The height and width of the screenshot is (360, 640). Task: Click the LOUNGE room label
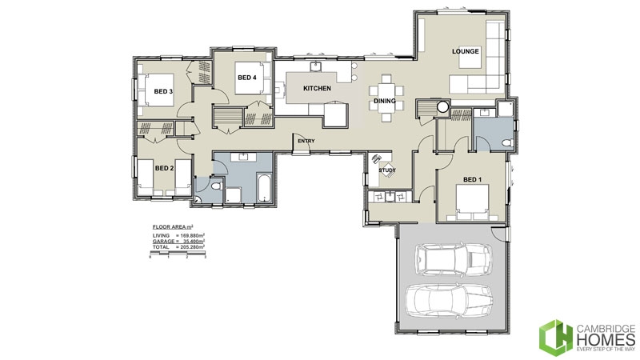coord(465,52)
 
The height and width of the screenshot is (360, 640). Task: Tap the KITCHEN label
coord(317,88)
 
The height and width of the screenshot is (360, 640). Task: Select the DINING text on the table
coord(386,101)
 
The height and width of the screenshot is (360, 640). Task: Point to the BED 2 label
coord(164,168)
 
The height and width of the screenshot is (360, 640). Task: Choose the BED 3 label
coord(163,92)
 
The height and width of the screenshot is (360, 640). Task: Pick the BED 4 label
coord(246,78)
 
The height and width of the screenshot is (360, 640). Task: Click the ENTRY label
coord(305,142)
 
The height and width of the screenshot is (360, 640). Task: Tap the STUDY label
coord(387,170)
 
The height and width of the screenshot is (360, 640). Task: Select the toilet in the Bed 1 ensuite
coord(502,142)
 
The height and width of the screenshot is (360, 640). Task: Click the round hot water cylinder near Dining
coord(442,106)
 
